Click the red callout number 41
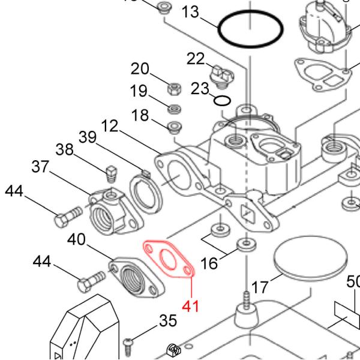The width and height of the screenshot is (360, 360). [x=190, y=305]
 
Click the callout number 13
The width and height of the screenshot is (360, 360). [x=190, y=11]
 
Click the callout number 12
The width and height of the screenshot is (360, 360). [x=110, y=127]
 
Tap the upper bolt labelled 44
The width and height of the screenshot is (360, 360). [x=68, y=217]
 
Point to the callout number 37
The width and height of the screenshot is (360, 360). [x=40, y=167]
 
